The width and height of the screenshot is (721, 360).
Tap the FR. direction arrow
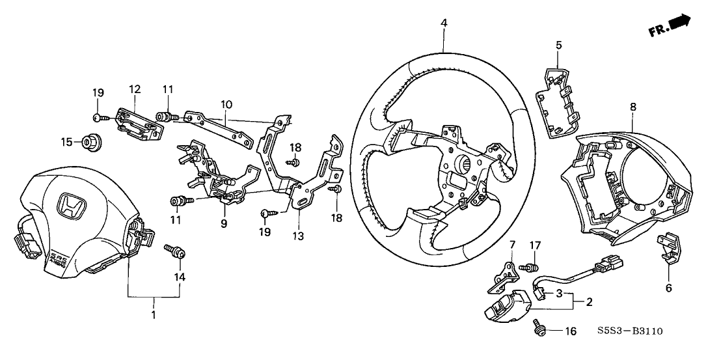678,24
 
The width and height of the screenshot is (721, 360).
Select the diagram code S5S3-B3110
631,331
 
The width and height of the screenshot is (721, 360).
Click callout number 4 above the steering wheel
444,23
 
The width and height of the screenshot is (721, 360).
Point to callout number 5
558,45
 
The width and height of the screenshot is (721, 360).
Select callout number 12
135,89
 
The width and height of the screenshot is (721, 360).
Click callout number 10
226,104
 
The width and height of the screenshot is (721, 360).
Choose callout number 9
224,223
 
